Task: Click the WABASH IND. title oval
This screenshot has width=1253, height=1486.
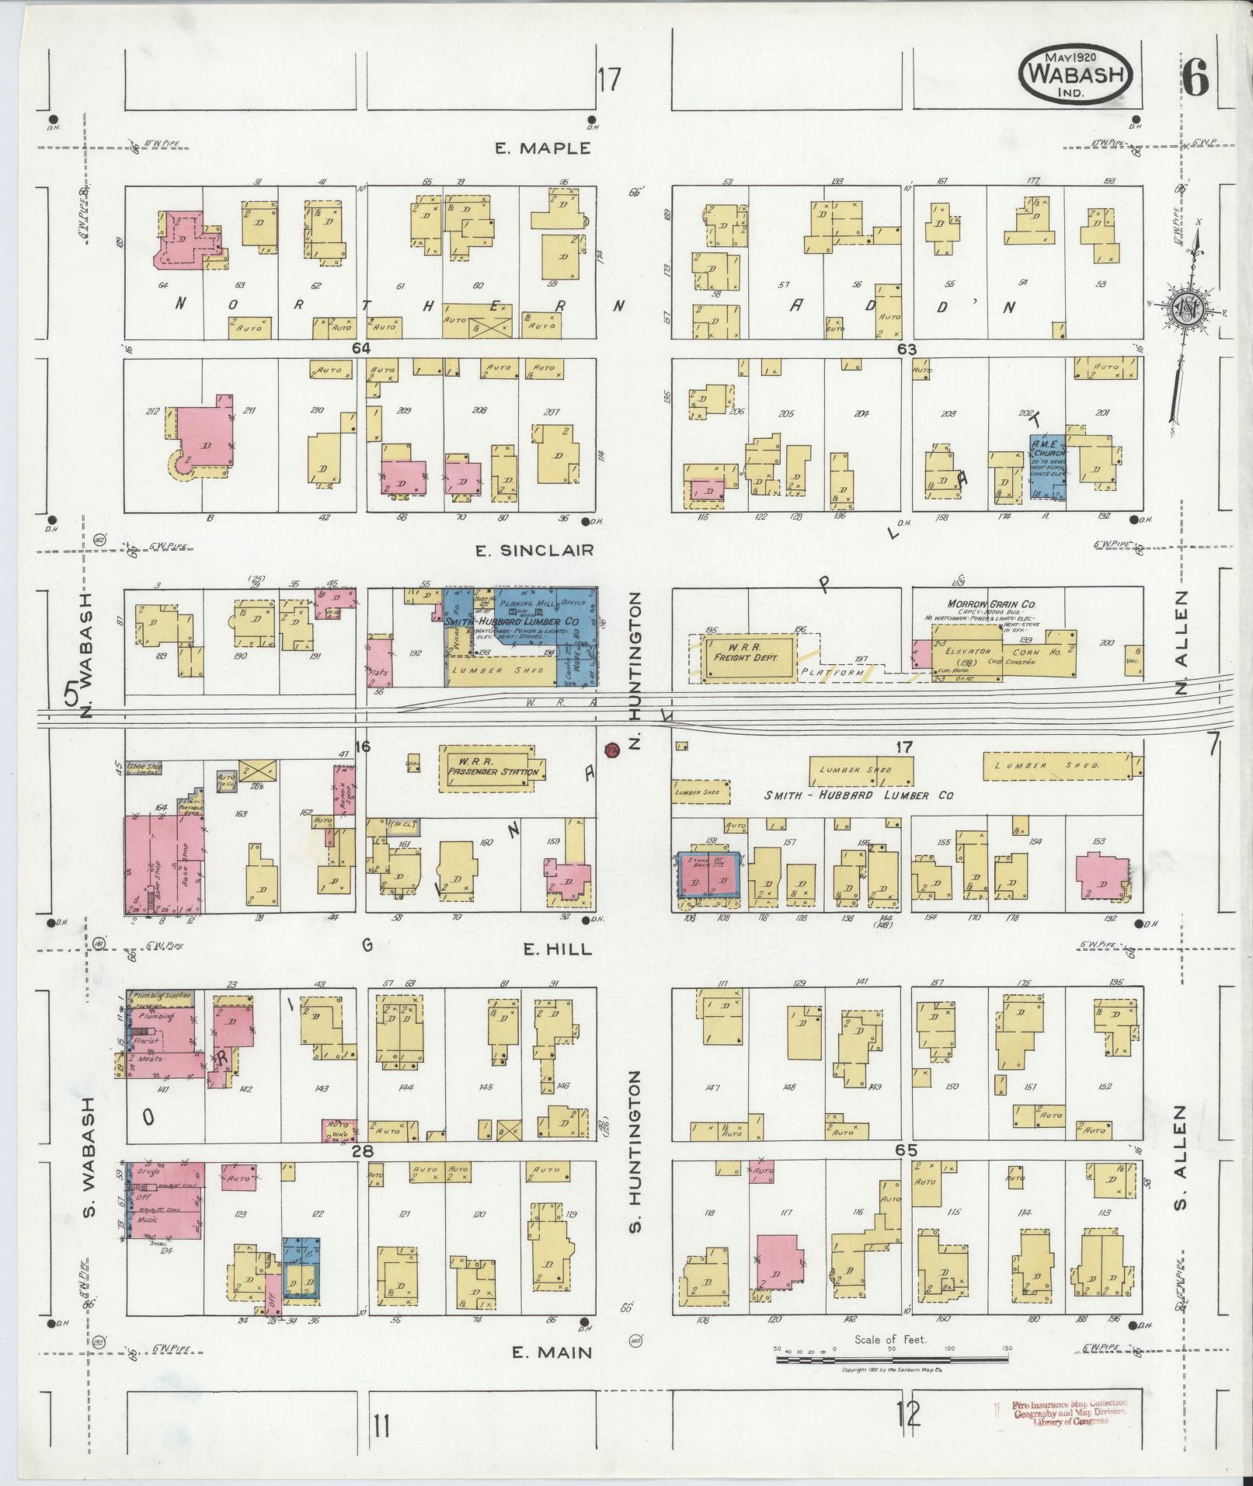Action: tap(1075, 75)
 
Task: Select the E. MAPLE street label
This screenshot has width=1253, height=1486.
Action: tap(544, 148)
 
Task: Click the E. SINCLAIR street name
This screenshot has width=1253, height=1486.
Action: tap(535, 551)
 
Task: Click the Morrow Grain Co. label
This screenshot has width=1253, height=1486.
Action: tap(990, 604)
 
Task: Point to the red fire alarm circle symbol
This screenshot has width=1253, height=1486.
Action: tap(611, 750)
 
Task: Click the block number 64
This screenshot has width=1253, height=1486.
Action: tap(360, 349)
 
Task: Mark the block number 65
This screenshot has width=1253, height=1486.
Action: tap(906, 1150)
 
